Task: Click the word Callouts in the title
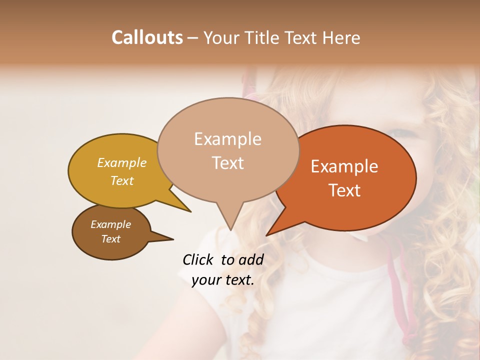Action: (147, 37)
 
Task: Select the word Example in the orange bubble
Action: (344, 166)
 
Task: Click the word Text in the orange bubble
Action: (344, 190)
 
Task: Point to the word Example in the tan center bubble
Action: (227, 139)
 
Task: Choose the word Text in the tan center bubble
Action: (227, 163)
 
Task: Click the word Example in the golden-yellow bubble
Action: (121, 163)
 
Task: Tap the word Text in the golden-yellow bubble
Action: (121, 181)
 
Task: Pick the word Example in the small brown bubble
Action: (110, 224)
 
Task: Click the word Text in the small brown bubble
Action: (110, 239)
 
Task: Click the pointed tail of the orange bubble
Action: (268, 234)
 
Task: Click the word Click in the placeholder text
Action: (198, 259)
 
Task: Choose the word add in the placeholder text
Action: (251, 259)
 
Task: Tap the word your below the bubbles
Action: (206, 280)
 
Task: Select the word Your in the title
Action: (221, 37)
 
